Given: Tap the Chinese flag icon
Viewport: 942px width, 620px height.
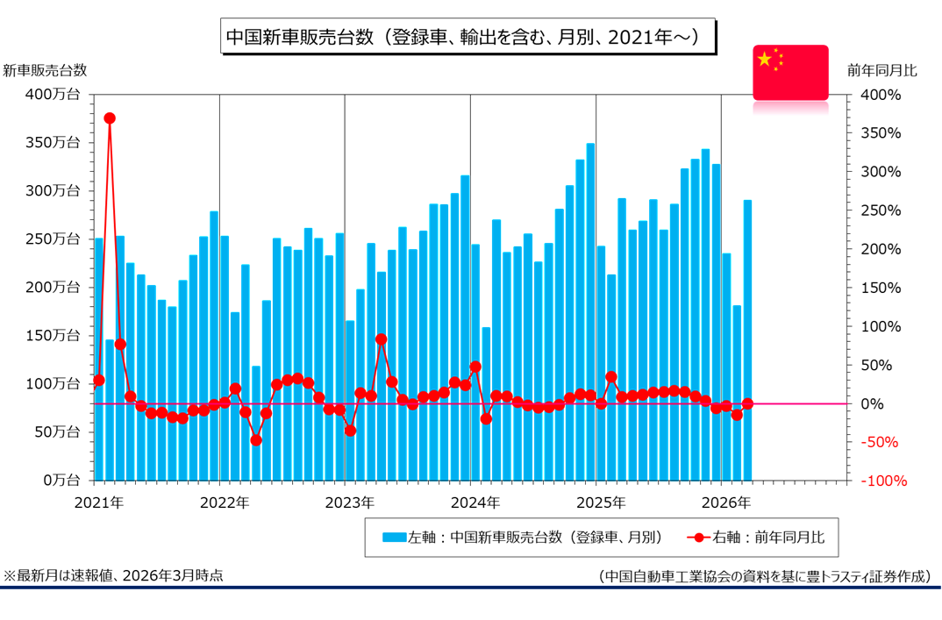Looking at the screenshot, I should tap(790, 72).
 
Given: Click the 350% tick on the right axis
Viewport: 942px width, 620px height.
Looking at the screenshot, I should tap(881, 132).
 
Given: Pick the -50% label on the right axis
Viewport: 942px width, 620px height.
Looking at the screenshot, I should tap(881, 442).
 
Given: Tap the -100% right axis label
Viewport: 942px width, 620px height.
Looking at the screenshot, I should tap(881, 481).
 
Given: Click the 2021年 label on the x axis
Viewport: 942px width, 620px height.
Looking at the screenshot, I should tap(98, 503).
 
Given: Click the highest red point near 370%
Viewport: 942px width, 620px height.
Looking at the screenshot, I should tap(110, 118).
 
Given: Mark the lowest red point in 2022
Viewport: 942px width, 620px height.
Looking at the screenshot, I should tap(256, 440).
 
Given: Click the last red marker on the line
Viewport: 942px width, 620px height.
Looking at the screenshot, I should tap(747, 403).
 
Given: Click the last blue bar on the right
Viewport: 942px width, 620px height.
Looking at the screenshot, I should tap(747, 340).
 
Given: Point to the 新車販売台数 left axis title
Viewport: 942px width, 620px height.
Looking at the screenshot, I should tap(45, 70).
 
